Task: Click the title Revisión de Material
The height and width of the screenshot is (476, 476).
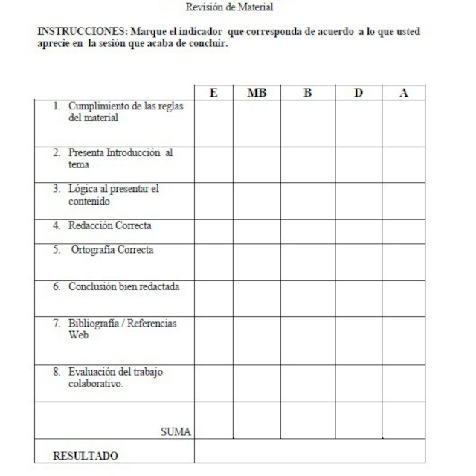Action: pos(229,7)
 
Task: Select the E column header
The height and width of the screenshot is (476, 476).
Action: pos(213,94)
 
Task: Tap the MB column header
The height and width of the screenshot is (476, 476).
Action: pos(256,94)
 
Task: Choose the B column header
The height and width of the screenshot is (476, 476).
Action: pos(307,94)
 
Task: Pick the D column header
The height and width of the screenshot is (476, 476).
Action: pos(358,94)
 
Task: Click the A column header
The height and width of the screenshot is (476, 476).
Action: pos(404,94)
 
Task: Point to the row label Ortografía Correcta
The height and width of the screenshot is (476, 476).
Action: pos(112,250)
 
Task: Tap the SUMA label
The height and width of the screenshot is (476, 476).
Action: pos(176,431)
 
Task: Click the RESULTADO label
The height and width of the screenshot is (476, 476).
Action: pos(86,456)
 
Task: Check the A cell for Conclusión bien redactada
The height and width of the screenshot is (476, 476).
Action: pos(404,298)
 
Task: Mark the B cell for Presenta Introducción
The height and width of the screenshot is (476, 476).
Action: pos(307,162)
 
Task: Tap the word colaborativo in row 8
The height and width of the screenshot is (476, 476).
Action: pos(95,384)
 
